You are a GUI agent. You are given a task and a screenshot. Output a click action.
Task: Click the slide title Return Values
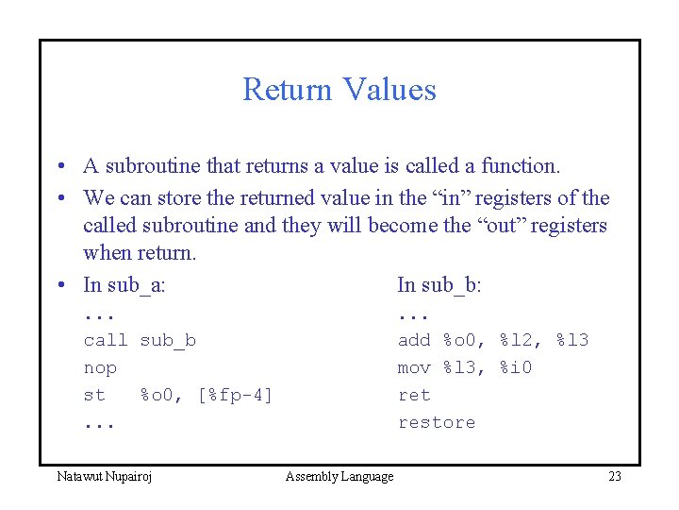(x=339, y=90)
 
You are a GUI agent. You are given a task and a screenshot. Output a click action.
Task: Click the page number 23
(x=614, y=476)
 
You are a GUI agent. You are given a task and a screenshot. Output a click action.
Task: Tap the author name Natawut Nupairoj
(x=104, y=476)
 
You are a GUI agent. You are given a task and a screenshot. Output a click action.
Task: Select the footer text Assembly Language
(x=339, y=476)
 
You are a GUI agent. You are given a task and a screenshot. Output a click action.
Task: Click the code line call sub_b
(x=140, y=340)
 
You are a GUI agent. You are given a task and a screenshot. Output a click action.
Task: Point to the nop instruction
(x=100, y=367)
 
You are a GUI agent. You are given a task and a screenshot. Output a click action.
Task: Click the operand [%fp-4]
(x=235, y=395)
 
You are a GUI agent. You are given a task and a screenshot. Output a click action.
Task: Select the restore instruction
(x=437, y=422)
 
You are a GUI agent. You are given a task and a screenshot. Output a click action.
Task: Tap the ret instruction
(x=414, y=395)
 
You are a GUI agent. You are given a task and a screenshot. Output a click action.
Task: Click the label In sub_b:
(x=439, y=284)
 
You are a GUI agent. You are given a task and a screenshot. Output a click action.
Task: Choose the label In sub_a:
(x=124, y=284)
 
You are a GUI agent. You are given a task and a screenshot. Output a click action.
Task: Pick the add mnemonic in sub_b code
(x=414, y=340)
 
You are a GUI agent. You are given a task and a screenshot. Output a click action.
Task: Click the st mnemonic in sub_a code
(x=94, y=395)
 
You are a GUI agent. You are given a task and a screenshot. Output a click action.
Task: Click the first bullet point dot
(x=58, y=167)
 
